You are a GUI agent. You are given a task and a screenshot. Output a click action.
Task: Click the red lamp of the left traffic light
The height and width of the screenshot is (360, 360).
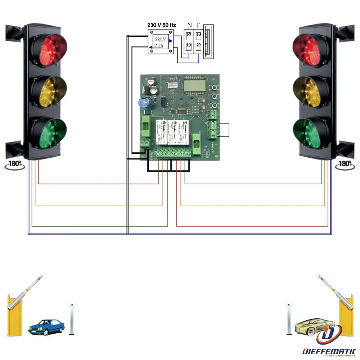50,50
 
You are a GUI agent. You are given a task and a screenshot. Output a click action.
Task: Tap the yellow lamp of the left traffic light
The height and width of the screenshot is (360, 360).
50,92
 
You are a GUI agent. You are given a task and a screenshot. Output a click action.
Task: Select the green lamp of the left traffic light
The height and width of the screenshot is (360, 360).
50,132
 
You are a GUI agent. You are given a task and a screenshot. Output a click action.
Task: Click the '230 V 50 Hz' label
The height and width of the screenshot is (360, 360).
161,25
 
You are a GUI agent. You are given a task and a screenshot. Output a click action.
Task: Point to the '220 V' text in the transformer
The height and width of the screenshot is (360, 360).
160,39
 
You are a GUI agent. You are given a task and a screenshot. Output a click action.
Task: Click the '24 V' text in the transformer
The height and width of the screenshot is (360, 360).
159,46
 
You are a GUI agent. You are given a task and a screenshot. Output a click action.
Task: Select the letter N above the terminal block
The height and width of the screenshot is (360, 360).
189,25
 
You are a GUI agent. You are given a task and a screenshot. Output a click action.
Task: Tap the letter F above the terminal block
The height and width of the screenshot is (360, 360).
198,25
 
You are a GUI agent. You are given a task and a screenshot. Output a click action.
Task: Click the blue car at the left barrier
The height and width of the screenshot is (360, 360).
46,327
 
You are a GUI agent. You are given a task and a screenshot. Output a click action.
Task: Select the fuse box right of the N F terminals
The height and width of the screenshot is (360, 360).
208,41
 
